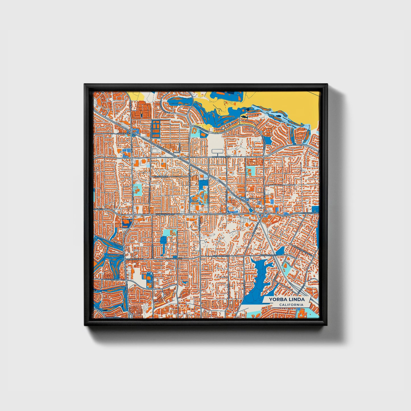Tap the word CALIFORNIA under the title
[x=291, y=305]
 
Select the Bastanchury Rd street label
[x=221, y=157]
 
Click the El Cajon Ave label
[x=161, y=177]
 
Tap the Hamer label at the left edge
[x=98, y=209]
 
